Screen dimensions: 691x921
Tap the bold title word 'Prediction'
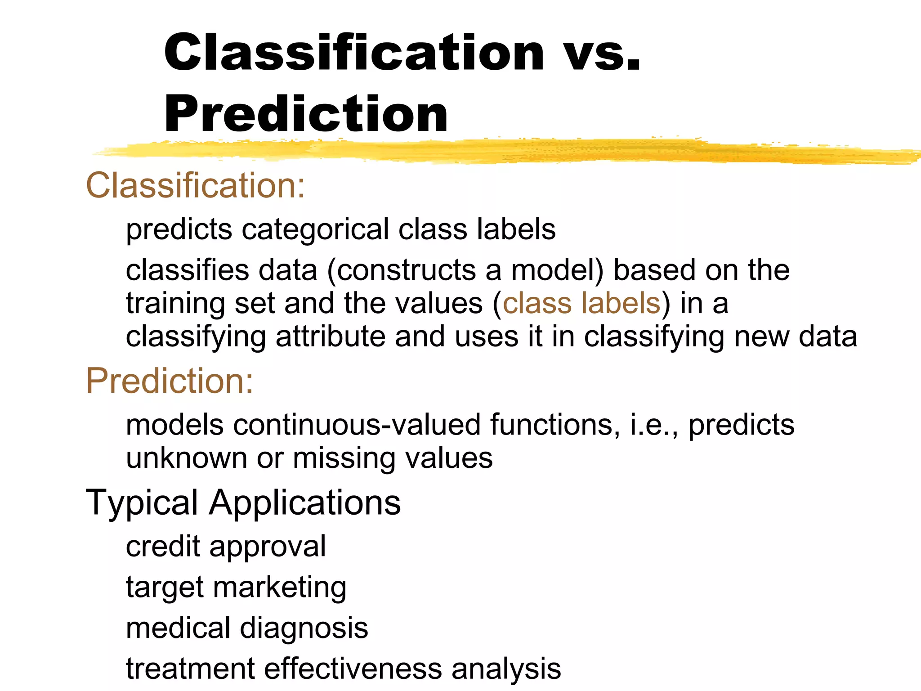pyautogui.click(x=306, y=115)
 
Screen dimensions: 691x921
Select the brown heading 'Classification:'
pyautogui.click(x=196, y=185)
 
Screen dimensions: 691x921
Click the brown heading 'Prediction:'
pyautogui.click(x=170, y=381)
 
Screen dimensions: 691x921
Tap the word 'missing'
pyautogui.click(x=344, y=458)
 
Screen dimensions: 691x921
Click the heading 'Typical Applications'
pyautogui.click(x=243, y=502)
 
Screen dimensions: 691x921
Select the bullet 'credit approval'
pyautogui.click(x=226, y=546)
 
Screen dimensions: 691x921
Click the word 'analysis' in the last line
pyautogui.click(x=506, y=669)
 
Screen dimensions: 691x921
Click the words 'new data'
pyautogui.click(x=796, y=337)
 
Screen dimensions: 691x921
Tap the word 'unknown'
pyautogui.click(x=187, y=458)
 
